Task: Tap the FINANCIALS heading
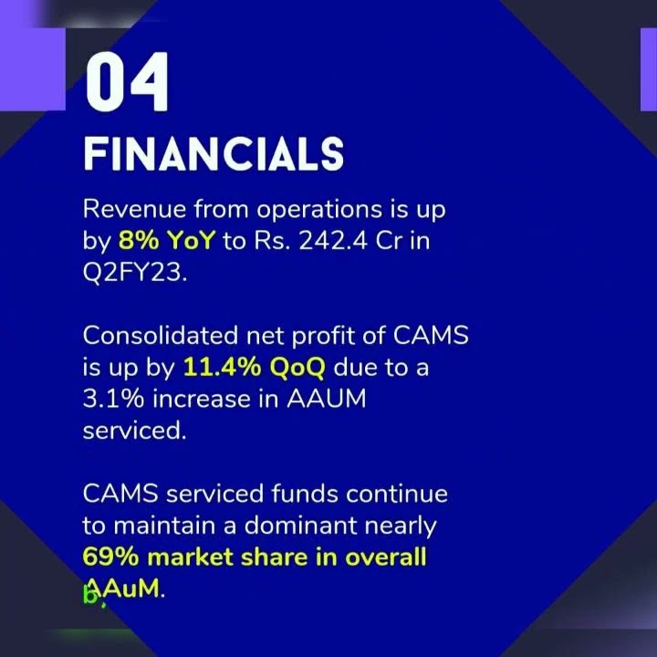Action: pos(214,155)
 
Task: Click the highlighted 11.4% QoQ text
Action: pos(255,369)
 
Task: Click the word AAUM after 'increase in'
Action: pos(328,400)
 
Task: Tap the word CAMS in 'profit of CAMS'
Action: pos(431,336)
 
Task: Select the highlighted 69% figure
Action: pos(109,558)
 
